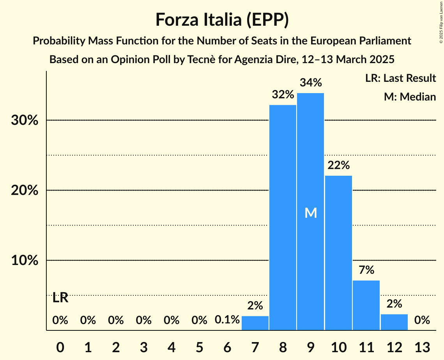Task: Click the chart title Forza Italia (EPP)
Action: (x=222, y=19)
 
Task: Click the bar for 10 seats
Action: (x=338, y=253)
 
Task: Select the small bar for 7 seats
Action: (x=255, y=323)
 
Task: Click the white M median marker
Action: (x=311, y=213)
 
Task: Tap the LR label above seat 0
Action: (x=60, y=298)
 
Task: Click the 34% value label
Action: (x=311, y=83)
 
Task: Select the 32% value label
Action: (x=283, y=95)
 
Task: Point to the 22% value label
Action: (x=338, y=165)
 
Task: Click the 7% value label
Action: (x=366, y=270)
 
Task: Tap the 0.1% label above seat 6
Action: (x=227, y=320)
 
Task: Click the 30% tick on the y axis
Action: (x=25, y=120)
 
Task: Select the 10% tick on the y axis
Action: (x=25, y=260)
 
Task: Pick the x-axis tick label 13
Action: (x=422, y=347)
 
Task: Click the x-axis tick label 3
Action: (x=143, y=347)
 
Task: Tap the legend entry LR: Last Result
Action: (x=400, y=78)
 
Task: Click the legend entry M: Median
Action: (x=410, y=97)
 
